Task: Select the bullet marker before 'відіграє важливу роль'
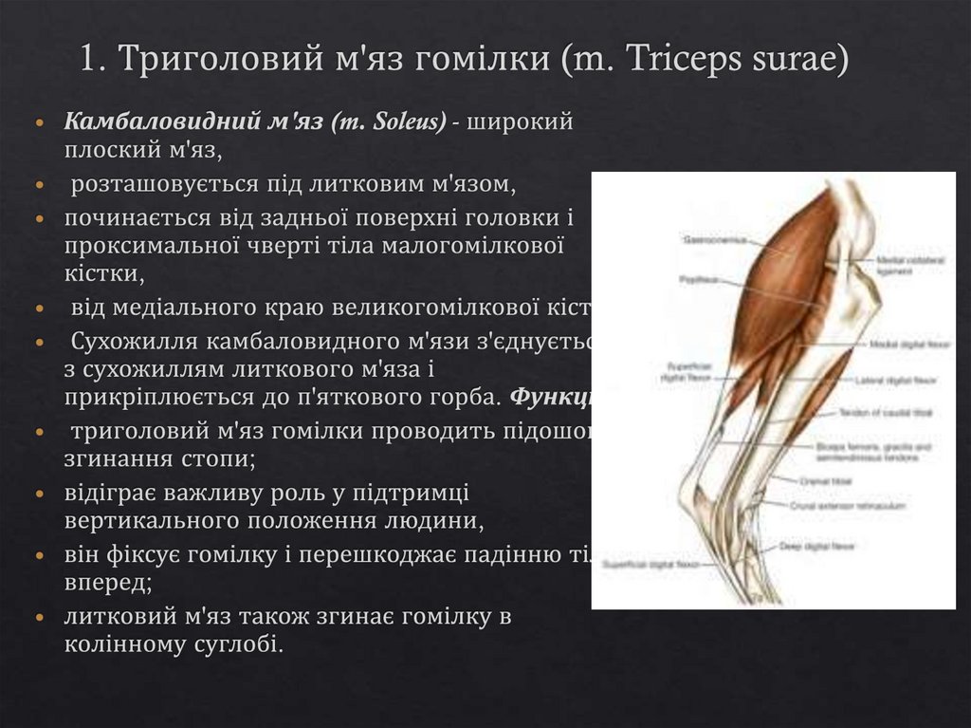[x=38, y=495]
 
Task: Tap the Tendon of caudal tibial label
[x=871, y=413]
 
